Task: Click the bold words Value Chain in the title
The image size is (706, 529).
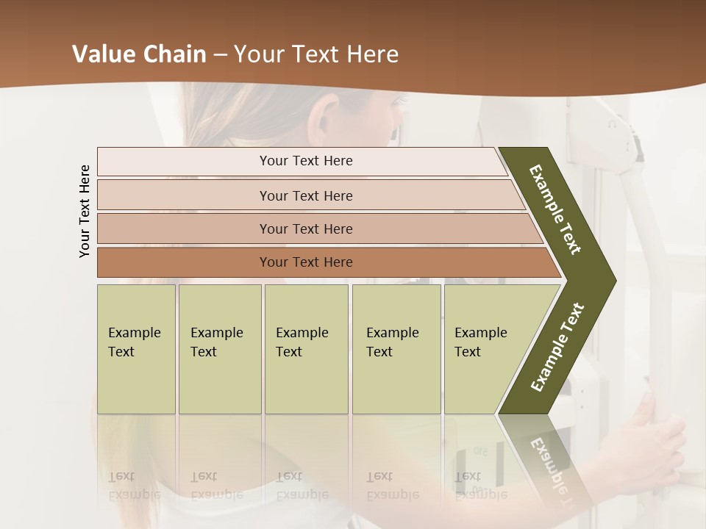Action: pos(139,54)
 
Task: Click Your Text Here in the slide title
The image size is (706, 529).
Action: pos(316,54)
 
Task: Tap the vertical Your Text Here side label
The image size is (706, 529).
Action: pos(85,211)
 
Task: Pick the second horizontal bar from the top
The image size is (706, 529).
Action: pos(305,195)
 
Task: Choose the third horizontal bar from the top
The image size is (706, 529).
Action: pos(305,228)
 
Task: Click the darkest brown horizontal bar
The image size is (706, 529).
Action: pos(305,262)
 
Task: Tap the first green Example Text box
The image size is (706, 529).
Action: pos(136,349)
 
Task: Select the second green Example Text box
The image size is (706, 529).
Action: pos(219,349)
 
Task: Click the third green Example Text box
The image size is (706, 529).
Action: pos(306,349)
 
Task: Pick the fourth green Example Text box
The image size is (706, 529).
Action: pos(396,349)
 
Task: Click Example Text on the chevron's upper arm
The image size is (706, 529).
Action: pos(556,209)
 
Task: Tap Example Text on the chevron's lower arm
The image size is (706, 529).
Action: pos(557,347)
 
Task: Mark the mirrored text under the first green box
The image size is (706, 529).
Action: pos(135,486)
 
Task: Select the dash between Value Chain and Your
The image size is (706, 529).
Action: pos(220,55)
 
